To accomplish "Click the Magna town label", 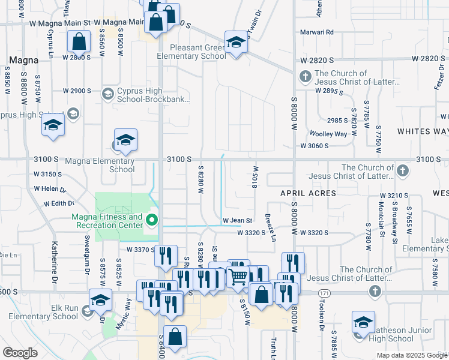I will (x=24, y=61).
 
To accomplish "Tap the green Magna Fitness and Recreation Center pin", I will (x=152, y=221).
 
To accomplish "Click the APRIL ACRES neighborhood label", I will (x=305, y=193).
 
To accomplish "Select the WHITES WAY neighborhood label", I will (x=423, y=131).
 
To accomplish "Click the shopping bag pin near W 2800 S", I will (x=79, y=42).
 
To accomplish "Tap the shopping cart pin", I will (x=239, y=277).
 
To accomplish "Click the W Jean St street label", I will (x=237, y=221).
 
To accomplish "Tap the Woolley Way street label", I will (x=328, y=134).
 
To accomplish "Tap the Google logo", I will (x=20, y=353).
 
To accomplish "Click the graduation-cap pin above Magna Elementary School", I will (x=125, y=140).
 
